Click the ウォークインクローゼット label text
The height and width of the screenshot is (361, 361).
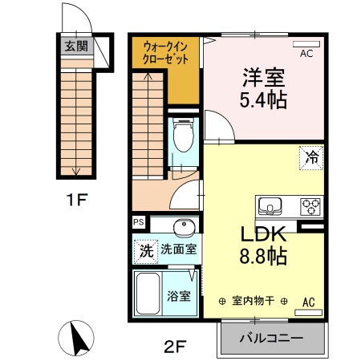click(x=166, y=53)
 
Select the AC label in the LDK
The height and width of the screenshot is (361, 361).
click(x=308, y=302)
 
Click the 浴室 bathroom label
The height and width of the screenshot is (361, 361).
click(x=179, y=295)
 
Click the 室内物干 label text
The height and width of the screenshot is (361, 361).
click(x=254, y=302)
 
